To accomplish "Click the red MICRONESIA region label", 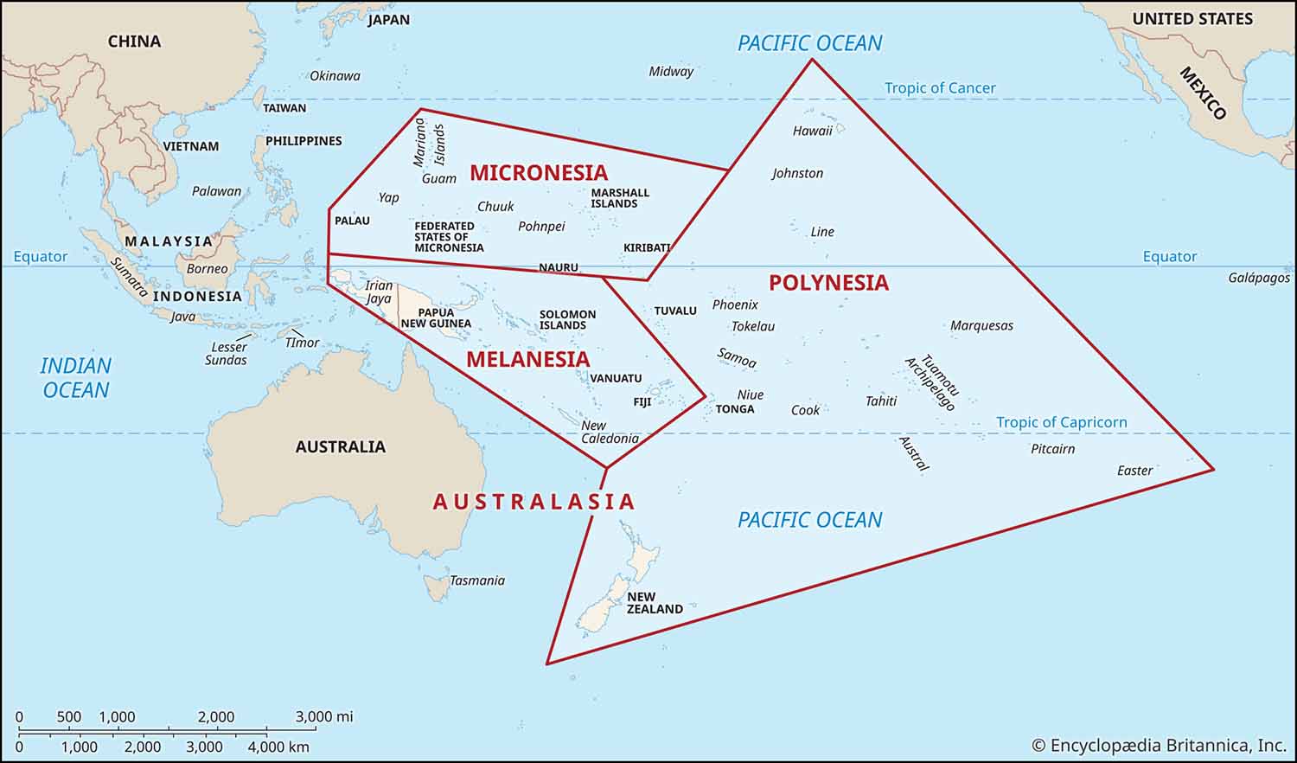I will [x=539, y=172].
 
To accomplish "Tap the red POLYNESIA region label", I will [x=828, y=283].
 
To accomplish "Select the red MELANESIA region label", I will [x=527, y=359].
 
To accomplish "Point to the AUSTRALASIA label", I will [x=533, y=502].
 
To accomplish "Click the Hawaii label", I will [x=812, y=131].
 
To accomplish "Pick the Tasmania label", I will [x=476, y=580].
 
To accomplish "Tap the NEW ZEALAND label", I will [x=655, y=603].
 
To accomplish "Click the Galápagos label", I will [x=1258, y=278].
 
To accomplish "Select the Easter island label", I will [x=1134, y=471].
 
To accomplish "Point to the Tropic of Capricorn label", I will [x=1061, y=422].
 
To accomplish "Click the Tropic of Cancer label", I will [x=939, y=88].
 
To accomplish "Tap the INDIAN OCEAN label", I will [x=76, y=378].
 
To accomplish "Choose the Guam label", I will [x=438, y=178].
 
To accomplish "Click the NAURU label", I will [x=558, y=267].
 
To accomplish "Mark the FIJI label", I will [x=642, y=402].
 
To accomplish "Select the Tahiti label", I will [x=881, y=401].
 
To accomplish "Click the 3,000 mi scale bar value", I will [x=324, y=716].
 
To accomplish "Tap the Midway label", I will [x=671, y=72].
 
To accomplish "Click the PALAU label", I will [x=352, y=221].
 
